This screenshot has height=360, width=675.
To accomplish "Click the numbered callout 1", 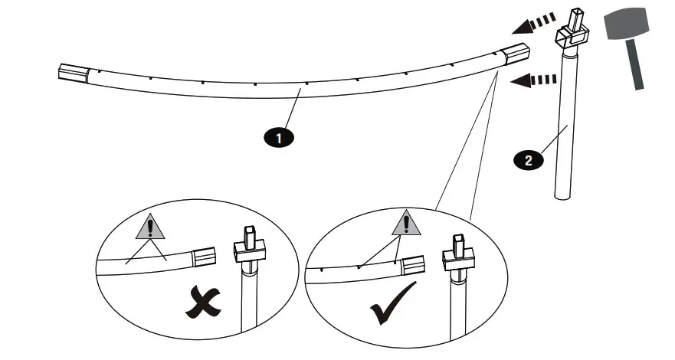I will tap(280, 139).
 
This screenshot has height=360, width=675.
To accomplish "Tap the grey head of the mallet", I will tap(627, 27).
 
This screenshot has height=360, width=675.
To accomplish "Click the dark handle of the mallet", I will tap(634, 65).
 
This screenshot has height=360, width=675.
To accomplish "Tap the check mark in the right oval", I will tap(392, 306).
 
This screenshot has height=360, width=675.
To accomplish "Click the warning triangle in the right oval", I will tap(407, 222).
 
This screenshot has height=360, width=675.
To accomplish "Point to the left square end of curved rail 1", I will tap(74, 74).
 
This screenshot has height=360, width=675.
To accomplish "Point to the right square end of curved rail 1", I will tap(514, 55).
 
